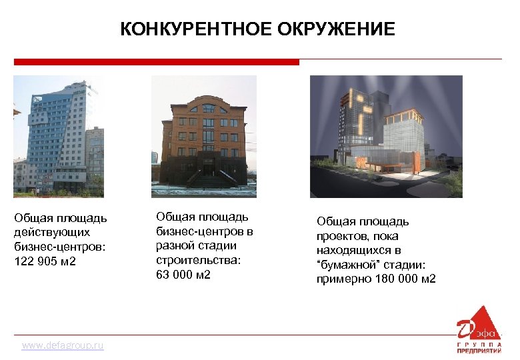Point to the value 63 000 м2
pos(183,274)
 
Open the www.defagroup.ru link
pos(63,345)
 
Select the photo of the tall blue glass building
pos(59,136)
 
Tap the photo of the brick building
pos(204,136)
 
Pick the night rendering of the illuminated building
pos(386,136)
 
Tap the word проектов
pos(343,236)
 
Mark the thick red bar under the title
pos(157,61)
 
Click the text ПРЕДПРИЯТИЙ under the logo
pos(479,350)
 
